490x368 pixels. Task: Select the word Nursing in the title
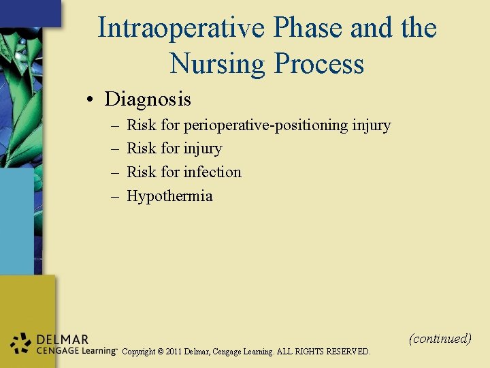click(x=218, y=64)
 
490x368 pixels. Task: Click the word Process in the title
click(x=318, y=64)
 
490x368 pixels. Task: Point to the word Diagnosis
click(x=148, y=99)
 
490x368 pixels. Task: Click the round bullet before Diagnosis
click(x=91, y=100)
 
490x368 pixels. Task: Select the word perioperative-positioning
click(x=266, y=125)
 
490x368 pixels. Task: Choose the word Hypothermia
click(x=169, y=196)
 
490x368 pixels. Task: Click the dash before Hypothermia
click(x=114, y=196)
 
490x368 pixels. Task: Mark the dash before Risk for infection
click(x=114, y=172)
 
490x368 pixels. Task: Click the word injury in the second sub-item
click(x=203, y=149)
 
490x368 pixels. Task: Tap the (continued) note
click(x=440, y=338)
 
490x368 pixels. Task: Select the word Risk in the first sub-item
click(x=142, y=125)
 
